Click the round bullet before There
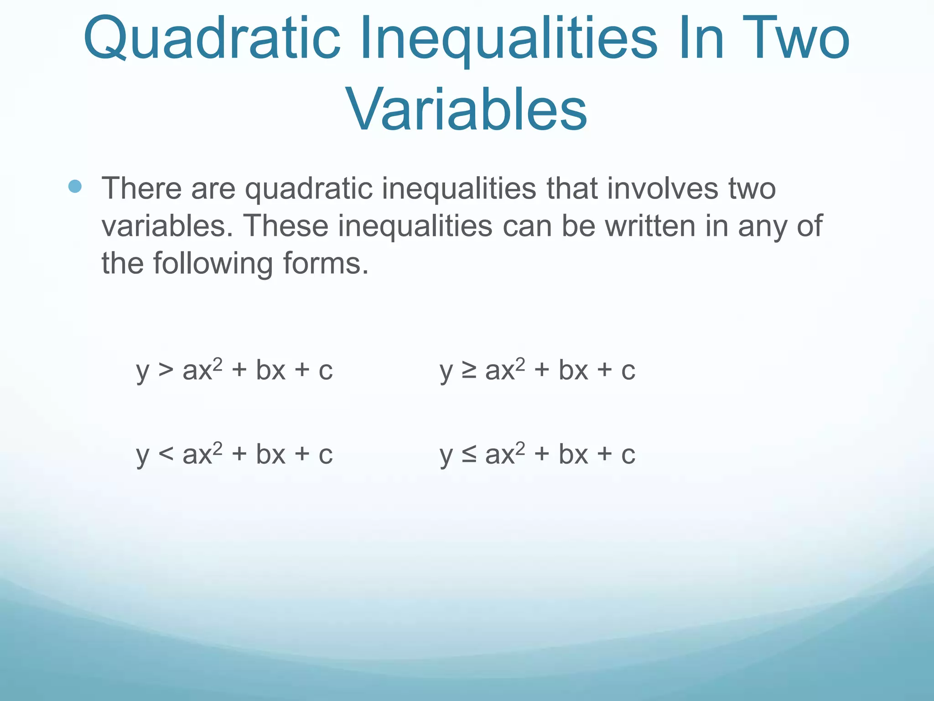tap(75, 186)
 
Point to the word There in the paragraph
tap(141, 188)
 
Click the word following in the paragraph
tap(213, 264)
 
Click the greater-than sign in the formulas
tap(166, 370)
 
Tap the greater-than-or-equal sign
tap(469, 370)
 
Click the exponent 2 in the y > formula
tap(218, 363)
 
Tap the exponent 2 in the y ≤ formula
tap(520, 447)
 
